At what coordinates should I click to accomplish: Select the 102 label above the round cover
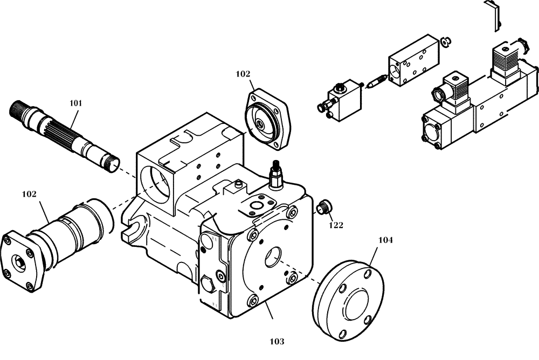[x=243, y=74]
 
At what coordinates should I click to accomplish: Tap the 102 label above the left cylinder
[x=29, y=193]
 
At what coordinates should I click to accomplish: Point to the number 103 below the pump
[x=276, y=341]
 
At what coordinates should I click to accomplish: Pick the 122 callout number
[x=335, y=225]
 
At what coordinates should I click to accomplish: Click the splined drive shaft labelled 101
[x=65, y=133]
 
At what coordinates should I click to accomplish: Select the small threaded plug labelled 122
[x=323, y=206]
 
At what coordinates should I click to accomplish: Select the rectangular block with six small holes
[x=413, y=63]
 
